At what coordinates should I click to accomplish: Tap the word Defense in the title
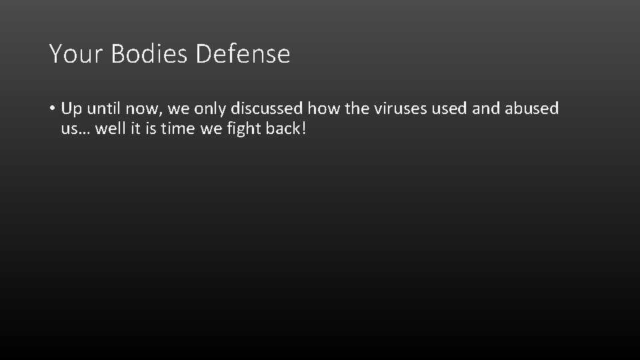(x=243, y=54)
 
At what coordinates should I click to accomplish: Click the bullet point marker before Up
(x=51, y=109)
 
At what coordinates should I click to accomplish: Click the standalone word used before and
(x=449, y=109)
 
